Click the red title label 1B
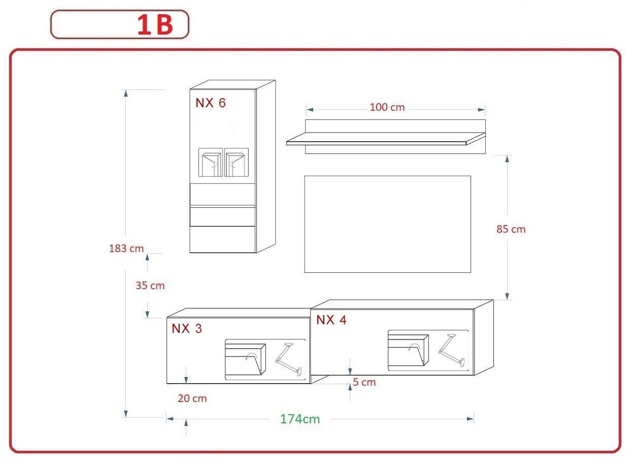(x=155, y=25)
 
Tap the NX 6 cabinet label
(x=211, y=103)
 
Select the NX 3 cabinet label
(x=186, y=328)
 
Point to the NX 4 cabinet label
(x=331, y=320)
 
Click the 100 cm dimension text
(x=387, y=107)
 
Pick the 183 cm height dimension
(x=126, y=249)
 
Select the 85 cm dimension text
(x=511, y=229)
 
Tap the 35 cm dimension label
(x=150, y=285)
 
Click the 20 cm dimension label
(x=192, y=398)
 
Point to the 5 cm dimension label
(x=364, y=382)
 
